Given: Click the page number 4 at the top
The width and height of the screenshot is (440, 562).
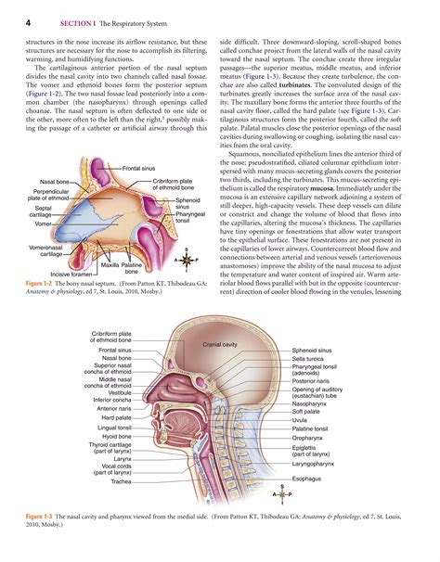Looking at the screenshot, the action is pyautogui.click(x=29, y=22).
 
